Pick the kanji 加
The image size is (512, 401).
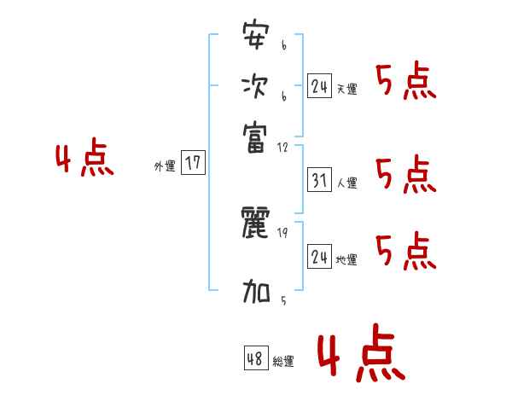[256, 293]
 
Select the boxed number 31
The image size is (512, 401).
[320, 180]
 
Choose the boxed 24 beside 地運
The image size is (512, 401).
[320, 257]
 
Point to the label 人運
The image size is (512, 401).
[347, 183]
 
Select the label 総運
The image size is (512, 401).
[283, 362]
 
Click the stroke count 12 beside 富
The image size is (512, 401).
[283, 147]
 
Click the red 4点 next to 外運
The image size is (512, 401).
[84, 160]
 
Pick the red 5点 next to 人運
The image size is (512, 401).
[405, 175]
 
